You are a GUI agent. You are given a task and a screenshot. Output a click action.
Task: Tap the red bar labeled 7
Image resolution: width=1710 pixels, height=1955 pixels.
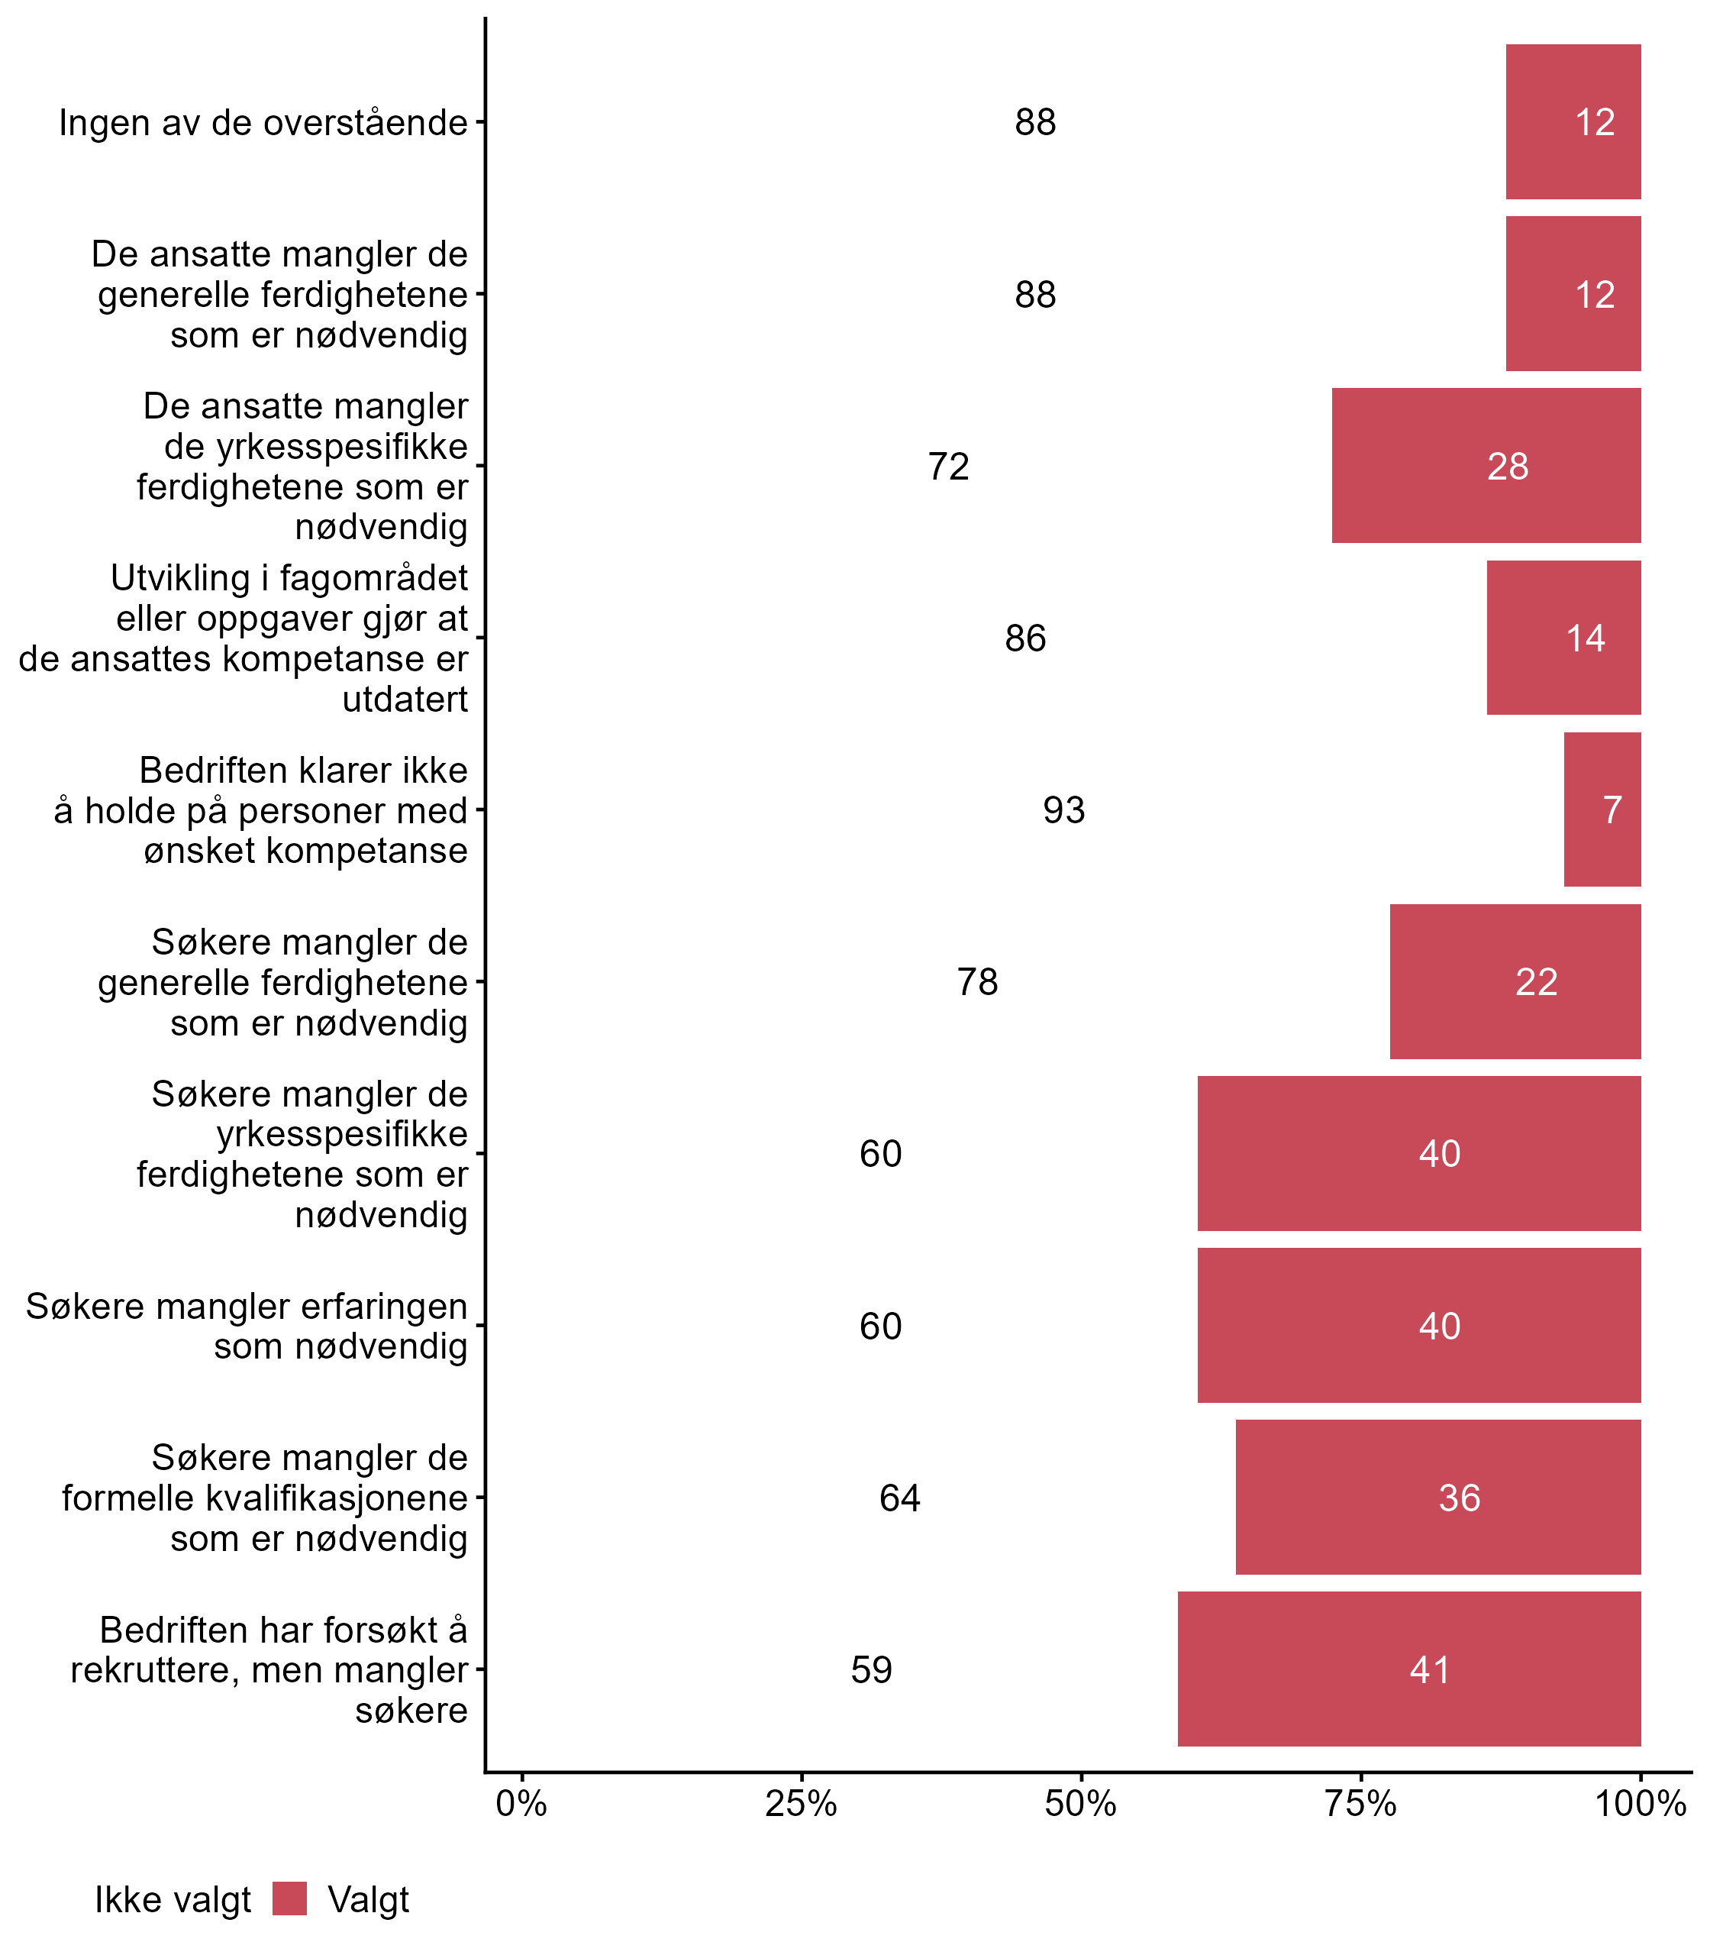[x=1602, y=809]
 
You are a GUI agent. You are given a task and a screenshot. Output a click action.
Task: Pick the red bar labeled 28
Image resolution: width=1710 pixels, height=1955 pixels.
[x=1486, y=466]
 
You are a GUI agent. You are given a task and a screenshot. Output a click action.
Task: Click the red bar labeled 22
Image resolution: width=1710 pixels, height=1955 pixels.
[x=1515, y=981]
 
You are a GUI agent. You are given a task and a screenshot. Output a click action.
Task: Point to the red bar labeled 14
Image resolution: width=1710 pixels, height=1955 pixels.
[x=1563, y=638]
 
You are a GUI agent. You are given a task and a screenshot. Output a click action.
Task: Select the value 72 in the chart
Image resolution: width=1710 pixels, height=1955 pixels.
[x=948, y=467]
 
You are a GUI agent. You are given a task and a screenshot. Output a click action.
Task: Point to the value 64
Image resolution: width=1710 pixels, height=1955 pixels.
[x=899, y=1498]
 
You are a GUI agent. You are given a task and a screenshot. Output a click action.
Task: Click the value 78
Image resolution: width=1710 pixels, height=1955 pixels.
[x=977, y=982]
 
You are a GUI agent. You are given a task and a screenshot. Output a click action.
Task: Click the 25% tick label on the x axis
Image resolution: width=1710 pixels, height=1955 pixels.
[x=801, y=1804]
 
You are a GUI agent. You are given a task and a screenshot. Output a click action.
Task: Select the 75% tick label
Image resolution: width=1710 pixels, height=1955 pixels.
[x=1360, y=1804]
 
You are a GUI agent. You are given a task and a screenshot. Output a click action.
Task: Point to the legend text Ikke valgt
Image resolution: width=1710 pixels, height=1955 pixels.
[x=172, y=1901]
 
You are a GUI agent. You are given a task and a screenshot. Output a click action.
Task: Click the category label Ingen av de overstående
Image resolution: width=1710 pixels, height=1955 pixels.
[x=263, y=123]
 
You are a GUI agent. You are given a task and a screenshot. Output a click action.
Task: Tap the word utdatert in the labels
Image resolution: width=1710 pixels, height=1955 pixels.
[x=405, y=700]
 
